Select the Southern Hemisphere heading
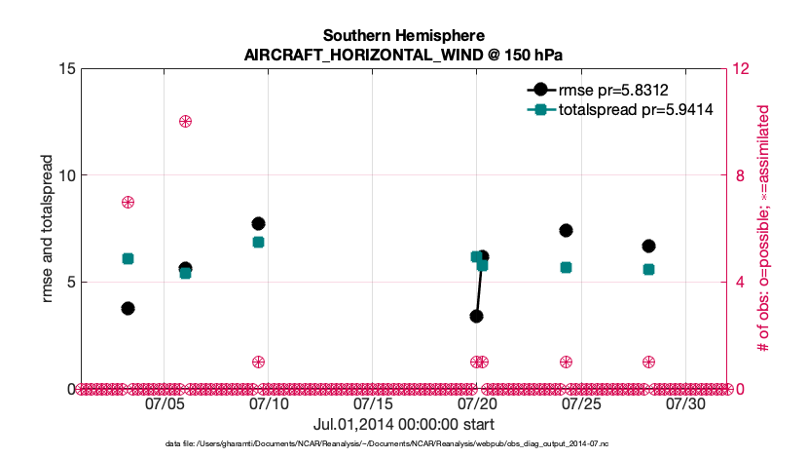click(x=403, y=36)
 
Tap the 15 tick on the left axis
click(x=68, y=69)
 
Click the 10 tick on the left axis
click(x=68, y=175)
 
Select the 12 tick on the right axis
click(x=744, y=69)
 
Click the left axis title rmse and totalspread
click(x=48, y=228)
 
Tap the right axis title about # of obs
click(x=766, y=229)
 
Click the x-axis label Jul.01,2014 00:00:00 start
click(x=403, y=425)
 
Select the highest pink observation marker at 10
click(x=185, y=121)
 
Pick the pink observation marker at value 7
click(x=128, y=202)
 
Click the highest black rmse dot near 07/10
click(x=258, y=223)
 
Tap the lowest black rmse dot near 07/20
click(x=476, y=316)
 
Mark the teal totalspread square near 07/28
click(x=648, y=269)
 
